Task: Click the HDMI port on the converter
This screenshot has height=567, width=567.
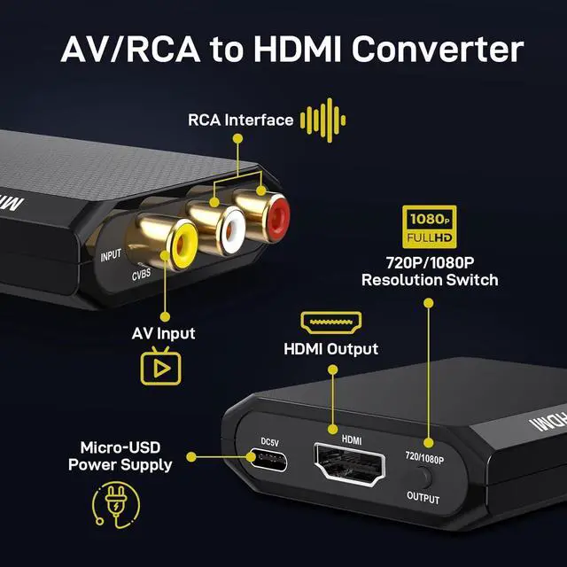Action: point(352,464)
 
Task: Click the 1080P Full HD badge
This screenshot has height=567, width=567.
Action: point(430,228)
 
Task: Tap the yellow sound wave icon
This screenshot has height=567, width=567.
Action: point(322,120)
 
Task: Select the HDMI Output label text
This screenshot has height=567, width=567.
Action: point(330,348)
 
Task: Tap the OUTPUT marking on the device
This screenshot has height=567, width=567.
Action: point(423,498)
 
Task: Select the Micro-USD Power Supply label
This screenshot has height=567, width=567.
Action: point(126,455)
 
